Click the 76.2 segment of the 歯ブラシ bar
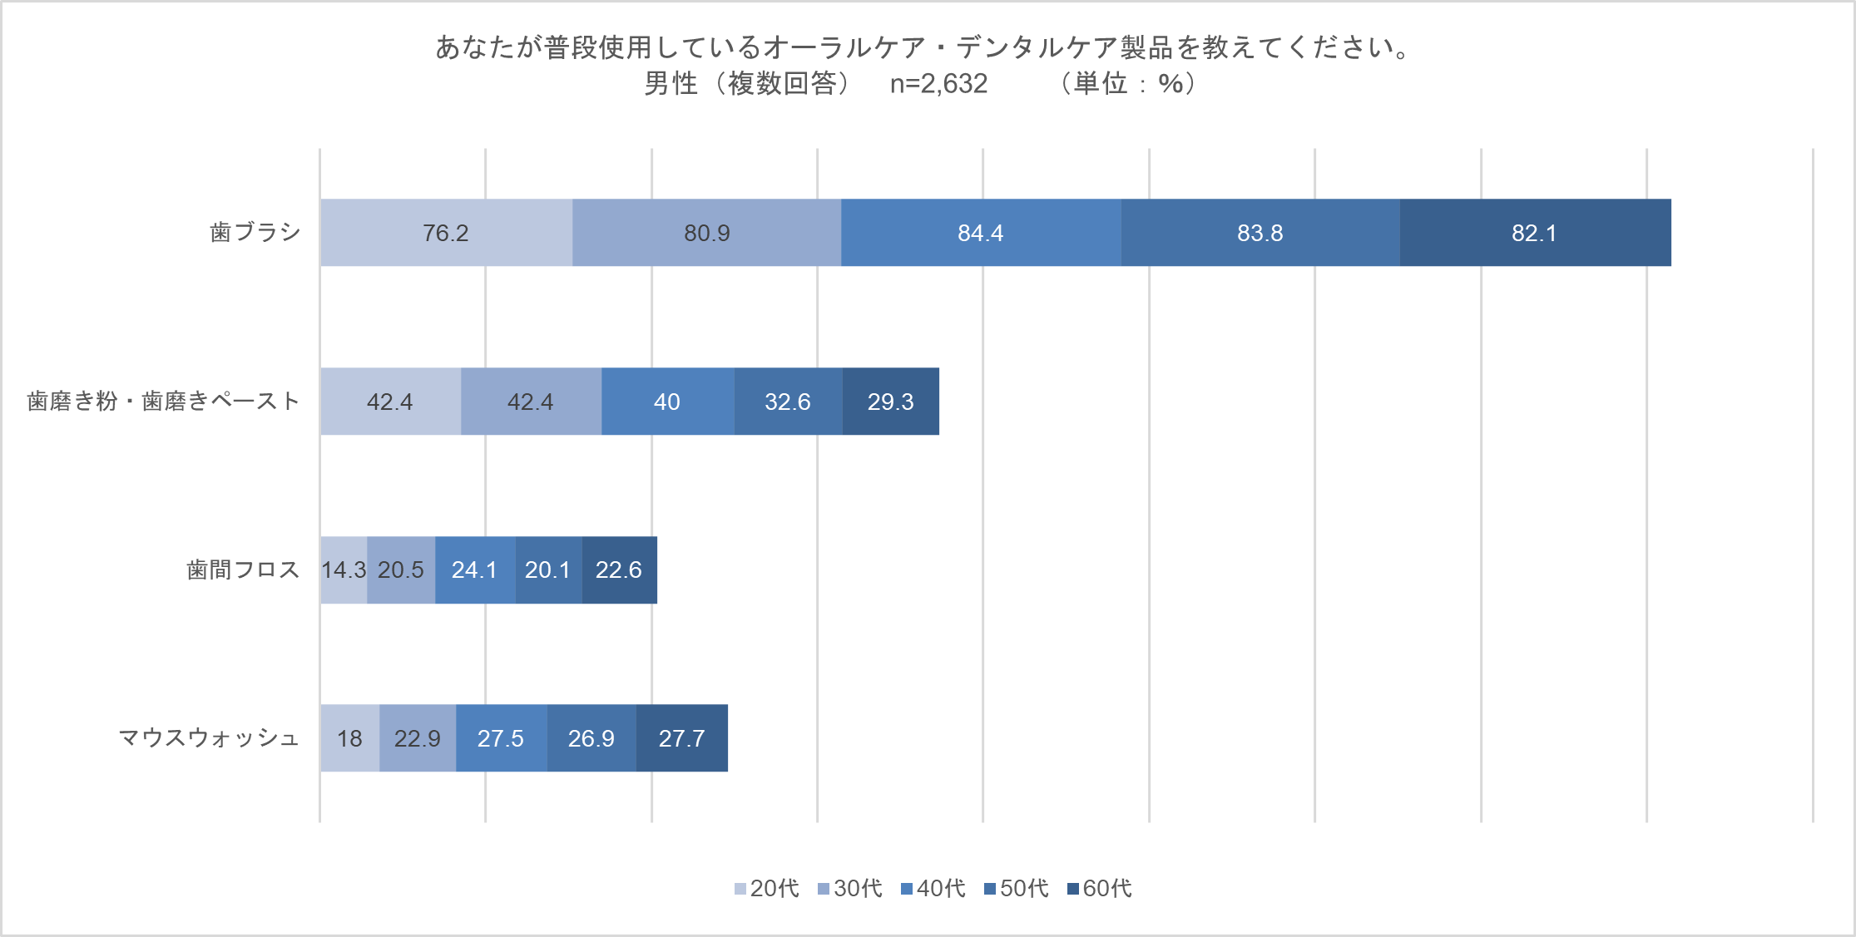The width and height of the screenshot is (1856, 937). (x=446, y=233)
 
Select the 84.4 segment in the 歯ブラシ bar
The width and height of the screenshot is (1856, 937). (x=980, y=233)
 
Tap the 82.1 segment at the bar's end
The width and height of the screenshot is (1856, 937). (x=1534, y=233)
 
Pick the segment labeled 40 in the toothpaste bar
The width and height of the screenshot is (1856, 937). (x=667, y=402)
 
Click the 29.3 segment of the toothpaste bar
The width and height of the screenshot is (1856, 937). (x=890, y=402)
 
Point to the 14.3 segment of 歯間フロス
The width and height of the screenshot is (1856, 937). (x=344, y=570)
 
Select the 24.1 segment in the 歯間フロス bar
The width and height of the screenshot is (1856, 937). (x=474, y=570)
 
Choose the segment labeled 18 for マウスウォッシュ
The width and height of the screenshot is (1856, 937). (x=349, y=738)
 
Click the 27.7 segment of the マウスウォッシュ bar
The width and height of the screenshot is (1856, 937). (x=681, y=738)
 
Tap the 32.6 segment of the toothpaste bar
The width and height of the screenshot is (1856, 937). (x=787, y=402)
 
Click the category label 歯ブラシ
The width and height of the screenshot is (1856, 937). (x=255, y=232)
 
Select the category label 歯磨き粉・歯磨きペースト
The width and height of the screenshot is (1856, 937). (x=163, y=402)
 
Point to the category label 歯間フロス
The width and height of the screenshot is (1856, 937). (x=243, y=570)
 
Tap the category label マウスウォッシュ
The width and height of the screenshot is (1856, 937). (x=209, y=738)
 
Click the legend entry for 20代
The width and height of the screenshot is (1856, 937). (x=766, y=889)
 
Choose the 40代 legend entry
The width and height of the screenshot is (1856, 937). (x=933, y=889)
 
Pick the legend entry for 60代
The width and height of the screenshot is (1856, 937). (x=1099, y=889)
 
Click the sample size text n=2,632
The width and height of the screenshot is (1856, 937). (x=938, y=84)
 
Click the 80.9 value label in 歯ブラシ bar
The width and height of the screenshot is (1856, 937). (x=707, y=233)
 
